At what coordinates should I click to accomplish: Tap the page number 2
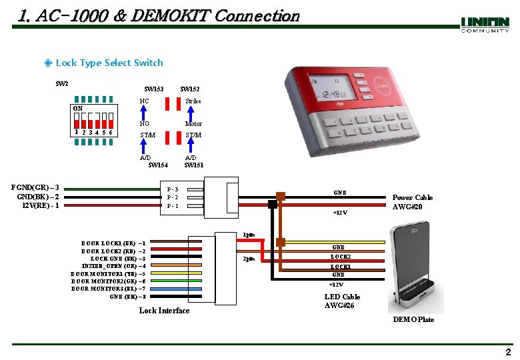tap(508, 352)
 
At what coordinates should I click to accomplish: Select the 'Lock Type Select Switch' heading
tap(109, 63)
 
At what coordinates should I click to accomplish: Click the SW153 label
tap(154, 89)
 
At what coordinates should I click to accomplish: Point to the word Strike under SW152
tap(193, 101)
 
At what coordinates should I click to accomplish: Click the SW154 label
tap(158, 165)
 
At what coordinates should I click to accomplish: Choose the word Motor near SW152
tap(193, 124)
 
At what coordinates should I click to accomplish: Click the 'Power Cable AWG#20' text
tap(412, 202)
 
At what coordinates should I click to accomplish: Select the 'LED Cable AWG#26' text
tap(342, 301)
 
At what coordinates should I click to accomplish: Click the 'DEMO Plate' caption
tap(413, 319)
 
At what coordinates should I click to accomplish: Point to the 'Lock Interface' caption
tap(164, 311)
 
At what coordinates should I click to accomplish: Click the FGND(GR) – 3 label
tap(39, 188)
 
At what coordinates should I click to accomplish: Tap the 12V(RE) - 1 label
tap(41, 205)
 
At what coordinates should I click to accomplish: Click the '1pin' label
tap(248, 235)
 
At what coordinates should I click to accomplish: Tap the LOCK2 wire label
tap(341, 257)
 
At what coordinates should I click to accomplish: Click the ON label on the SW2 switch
tap(78, 109)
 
